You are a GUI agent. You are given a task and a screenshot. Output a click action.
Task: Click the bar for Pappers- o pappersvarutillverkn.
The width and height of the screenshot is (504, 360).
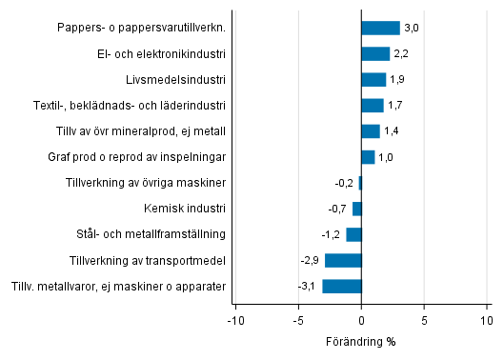(380, 28)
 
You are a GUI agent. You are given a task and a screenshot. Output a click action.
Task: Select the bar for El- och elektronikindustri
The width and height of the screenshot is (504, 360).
(375, 53)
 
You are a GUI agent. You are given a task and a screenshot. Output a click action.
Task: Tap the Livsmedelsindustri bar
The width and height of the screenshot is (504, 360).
(373, 79)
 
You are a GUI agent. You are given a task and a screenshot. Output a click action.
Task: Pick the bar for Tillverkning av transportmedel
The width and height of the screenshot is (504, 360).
(343, 260)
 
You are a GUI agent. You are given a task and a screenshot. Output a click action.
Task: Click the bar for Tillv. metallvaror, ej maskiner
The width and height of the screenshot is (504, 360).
(342, 286)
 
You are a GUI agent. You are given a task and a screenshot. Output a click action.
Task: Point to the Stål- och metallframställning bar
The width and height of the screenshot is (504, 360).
(353, 234)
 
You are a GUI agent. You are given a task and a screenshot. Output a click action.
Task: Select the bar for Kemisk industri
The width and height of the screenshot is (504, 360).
(357, 209)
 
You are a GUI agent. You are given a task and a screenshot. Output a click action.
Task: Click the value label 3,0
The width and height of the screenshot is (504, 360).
(412, 29)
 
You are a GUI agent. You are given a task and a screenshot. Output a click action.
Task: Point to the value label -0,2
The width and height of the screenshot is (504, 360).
(346, 183)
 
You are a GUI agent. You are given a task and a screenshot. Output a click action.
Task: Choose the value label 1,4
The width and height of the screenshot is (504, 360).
(392, 131)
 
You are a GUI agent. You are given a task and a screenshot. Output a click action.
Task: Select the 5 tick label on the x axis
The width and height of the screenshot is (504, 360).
(424, 321)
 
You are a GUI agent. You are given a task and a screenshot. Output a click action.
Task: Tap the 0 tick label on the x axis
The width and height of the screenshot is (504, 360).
(361, 321)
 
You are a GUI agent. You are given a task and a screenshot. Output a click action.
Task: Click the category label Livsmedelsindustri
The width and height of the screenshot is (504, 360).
(175, 79)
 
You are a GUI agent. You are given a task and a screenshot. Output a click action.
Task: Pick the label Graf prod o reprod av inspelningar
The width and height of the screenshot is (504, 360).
(136, 157)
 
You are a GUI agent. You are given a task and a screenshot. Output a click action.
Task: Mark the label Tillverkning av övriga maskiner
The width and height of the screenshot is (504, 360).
(145, 183)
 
